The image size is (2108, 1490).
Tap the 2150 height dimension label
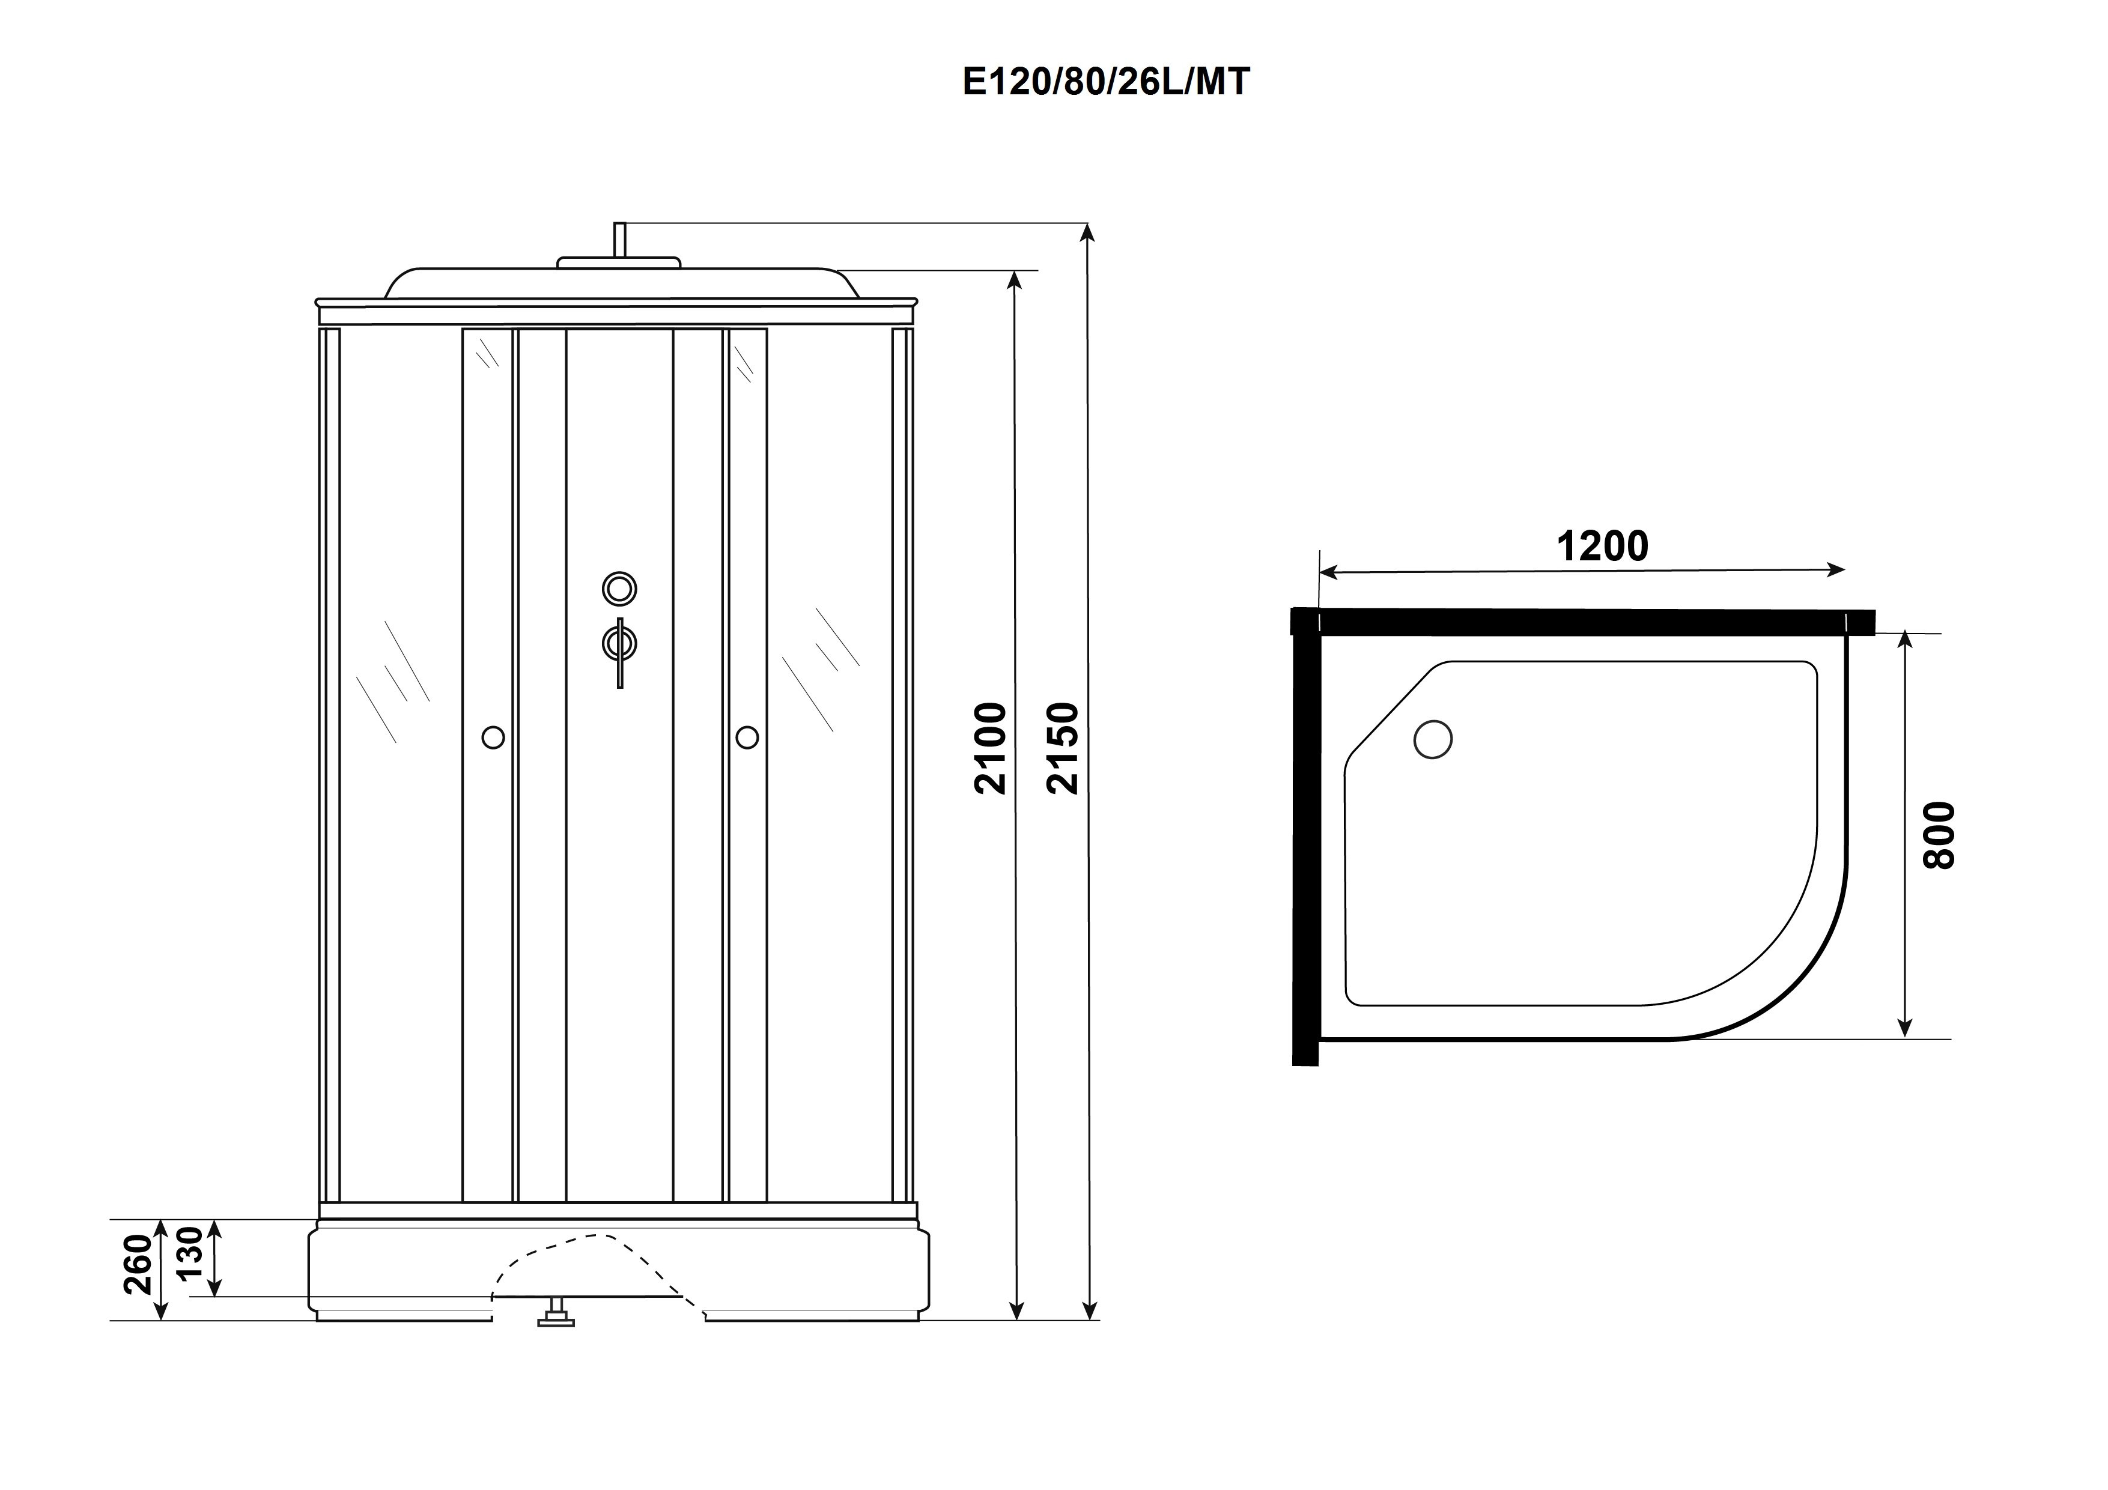[1063, 748]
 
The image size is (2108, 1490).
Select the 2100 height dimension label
[992, 748]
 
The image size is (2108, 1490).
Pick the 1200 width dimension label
[1602, 547]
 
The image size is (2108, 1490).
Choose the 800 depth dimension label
[1939, 835]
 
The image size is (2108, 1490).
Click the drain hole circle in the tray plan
[1433, 739]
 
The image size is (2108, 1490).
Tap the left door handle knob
[493, 737]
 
